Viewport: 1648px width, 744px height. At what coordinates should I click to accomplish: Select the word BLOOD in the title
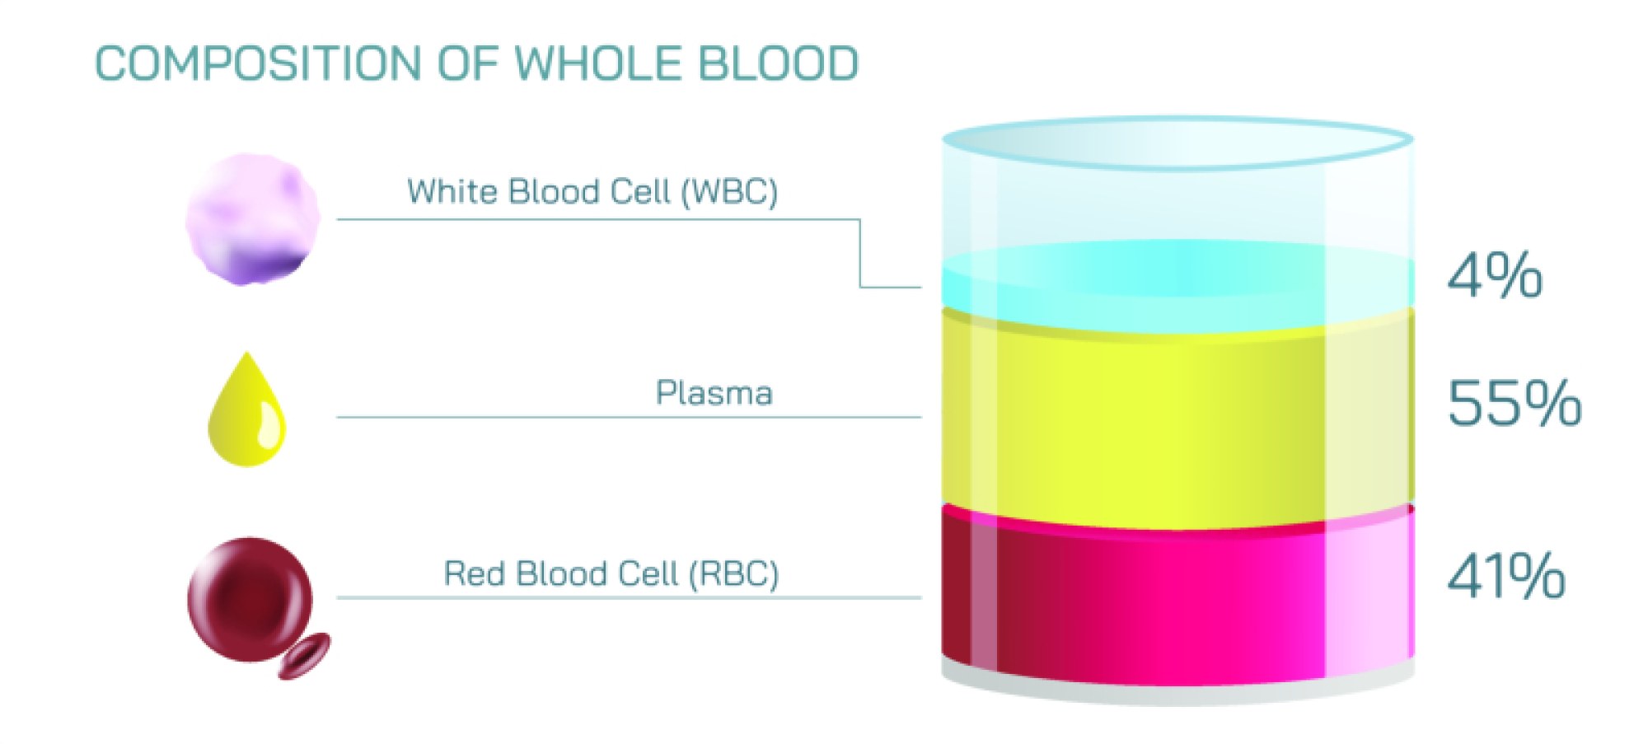pyautogui.click(x=779, y=64)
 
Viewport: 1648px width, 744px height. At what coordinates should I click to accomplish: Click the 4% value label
pyautogui.click(x=1495, y=276)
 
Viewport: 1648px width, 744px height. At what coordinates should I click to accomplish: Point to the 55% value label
pyautogui.click(x=1515, y=404)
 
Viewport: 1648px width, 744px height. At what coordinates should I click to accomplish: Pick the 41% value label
pyautogui.click(x=1506, y=576)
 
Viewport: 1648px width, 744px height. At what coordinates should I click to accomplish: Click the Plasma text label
pyautogui.click(x=714, y=394)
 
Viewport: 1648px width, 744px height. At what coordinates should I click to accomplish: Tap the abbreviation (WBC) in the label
pyautogui.click(x=729, y=192)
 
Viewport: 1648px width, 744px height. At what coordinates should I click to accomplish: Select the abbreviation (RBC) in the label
pyautogui.click(x=733, y=574)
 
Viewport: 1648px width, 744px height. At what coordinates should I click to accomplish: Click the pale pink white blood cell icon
pyautogui.click(x=252, y=219)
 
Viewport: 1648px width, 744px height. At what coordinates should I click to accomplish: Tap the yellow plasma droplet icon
pyautogui.click(x=246, y=412)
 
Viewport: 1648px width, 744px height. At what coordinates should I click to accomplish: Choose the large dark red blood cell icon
pyautogui.click(x=250, y=599)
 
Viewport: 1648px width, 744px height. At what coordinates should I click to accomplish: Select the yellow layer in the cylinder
pyautogui.click(x=1178, y=420)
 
